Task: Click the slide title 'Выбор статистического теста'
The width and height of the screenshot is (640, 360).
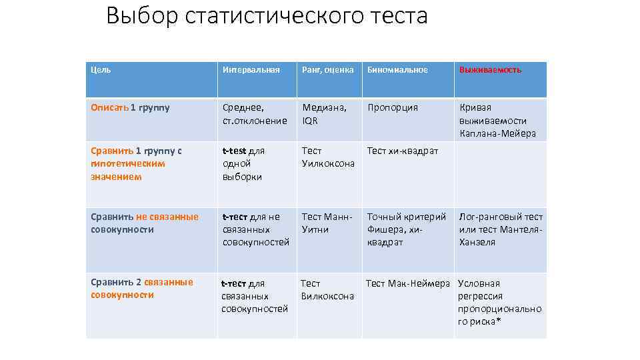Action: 267,16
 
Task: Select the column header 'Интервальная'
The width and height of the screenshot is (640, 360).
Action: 251,69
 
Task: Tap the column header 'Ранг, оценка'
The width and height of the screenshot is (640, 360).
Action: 327,69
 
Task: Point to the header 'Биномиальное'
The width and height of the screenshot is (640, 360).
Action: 397,69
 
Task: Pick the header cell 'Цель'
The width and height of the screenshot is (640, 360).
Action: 101,69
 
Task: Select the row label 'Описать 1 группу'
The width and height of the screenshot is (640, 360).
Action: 130,107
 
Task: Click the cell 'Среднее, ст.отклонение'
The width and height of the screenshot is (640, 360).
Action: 255,114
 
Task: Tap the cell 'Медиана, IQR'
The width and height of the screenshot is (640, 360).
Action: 324,114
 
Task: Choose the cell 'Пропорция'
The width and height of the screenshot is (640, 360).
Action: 393,107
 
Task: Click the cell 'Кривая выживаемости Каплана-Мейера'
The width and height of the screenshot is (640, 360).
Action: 497,121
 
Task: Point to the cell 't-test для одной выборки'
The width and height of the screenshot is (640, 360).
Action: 243,164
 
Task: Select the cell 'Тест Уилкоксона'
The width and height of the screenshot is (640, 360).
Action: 328,157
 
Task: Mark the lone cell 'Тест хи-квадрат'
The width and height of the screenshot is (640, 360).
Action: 403,151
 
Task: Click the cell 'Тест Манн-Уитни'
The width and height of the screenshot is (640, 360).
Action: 327,223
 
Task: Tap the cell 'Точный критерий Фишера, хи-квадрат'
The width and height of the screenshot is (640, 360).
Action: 407,229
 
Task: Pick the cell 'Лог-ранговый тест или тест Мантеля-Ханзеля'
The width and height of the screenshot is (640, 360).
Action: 501,229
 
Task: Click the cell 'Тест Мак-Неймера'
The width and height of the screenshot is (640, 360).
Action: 408,283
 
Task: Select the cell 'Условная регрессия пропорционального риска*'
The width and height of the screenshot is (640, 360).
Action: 499,303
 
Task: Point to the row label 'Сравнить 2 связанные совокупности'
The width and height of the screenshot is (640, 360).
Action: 142,289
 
